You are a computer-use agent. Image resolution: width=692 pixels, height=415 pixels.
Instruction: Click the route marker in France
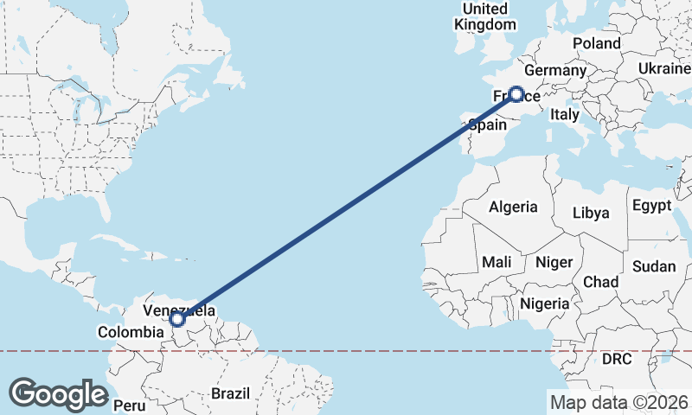516,94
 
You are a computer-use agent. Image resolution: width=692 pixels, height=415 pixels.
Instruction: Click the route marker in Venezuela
177,319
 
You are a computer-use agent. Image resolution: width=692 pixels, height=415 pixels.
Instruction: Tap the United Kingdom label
484,16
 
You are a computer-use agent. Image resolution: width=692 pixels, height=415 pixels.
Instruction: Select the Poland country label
596,43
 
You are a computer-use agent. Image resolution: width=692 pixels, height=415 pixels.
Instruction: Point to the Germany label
555,70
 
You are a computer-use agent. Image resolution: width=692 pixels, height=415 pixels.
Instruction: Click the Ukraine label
664,68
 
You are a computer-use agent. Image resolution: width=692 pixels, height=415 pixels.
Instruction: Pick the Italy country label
565,114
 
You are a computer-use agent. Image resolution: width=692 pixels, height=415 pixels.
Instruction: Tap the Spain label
488,124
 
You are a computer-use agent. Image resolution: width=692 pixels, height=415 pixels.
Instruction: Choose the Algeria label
514,207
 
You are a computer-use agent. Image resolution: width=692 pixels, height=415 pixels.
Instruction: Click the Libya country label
592,213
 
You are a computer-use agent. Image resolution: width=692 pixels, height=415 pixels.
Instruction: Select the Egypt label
652,206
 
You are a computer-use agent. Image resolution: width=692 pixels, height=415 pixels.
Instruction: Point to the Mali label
496,261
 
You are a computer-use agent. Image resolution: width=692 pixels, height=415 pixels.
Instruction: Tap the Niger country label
554,262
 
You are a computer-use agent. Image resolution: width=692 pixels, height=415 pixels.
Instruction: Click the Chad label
601,282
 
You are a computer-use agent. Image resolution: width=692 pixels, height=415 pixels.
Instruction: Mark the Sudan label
654,267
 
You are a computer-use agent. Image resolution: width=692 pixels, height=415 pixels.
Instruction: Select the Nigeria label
544,303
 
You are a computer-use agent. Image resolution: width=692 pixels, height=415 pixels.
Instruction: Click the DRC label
618,358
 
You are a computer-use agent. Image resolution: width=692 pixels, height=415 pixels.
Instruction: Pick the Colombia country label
131,332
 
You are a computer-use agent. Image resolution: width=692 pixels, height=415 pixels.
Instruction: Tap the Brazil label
230,393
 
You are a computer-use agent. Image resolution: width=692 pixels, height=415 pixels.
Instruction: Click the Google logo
58,394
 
